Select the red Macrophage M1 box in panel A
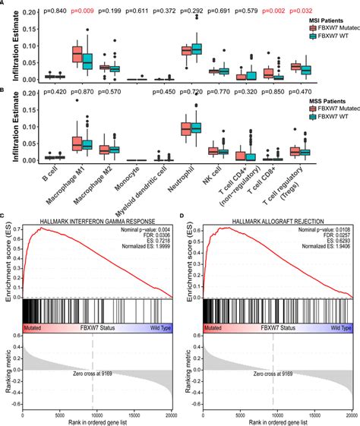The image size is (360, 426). click(x=77, y=54)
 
